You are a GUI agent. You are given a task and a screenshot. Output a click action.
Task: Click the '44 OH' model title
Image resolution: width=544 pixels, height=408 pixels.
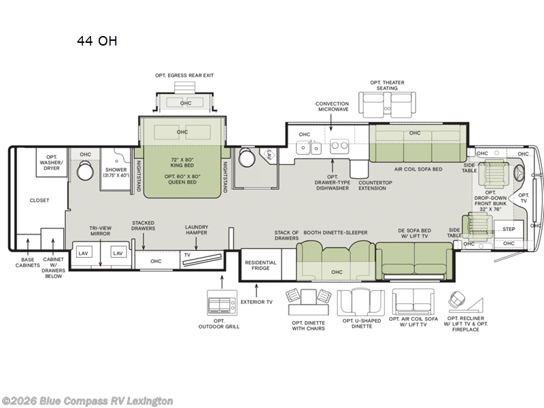click(97, 41)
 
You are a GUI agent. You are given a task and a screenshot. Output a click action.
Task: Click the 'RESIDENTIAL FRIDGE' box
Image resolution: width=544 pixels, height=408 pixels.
click(260, 265)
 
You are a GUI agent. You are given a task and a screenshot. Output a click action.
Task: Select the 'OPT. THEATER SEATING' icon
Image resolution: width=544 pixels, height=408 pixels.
click(387, 105)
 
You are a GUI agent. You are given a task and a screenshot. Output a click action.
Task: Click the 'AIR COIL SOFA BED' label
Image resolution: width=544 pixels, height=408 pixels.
click(418, 169)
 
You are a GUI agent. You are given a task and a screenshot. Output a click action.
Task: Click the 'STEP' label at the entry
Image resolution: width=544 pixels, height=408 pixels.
click(508, 229)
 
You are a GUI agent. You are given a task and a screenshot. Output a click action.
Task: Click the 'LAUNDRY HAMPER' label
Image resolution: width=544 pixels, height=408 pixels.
click(196, 230)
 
